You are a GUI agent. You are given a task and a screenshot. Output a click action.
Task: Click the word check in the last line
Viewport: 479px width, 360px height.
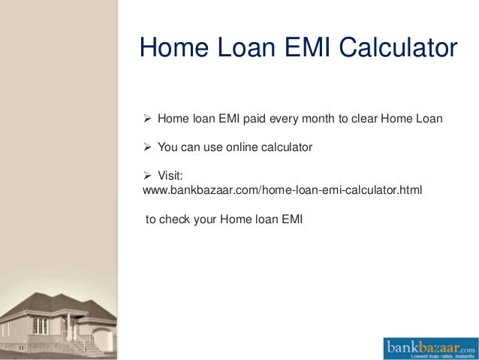[174, 220]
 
